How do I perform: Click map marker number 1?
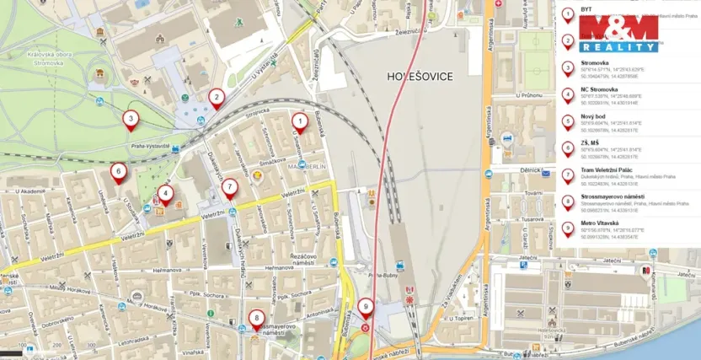coord(299,121)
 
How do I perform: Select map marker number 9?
coord(365,308)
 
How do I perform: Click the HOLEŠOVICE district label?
coord(420,77)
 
